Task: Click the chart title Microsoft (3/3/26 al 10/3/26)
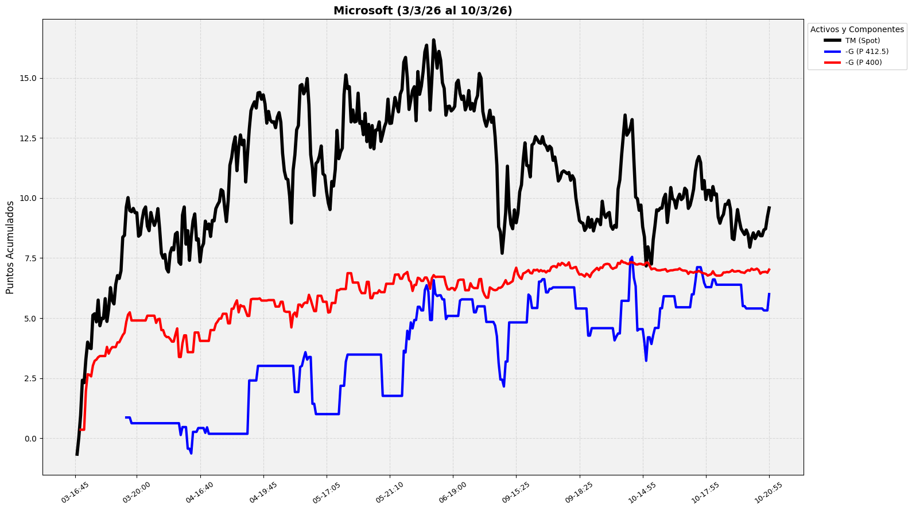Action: click(x=422, y=10)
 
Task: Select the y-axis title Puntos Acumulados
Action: click(x=10, y=247)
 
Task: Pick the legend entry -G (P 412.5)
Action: click(x=867, y=52)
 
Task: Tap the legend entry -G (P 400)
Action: click(x=863, y=63)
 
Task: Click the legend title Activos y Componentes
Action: click(x=856, y=29)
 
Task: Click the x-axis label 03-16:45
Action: click(x=74, y=493)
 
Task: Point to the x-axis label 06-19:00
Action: click(x=452, y=493)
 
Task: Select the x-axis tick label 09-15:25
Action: click(x=515, y=493)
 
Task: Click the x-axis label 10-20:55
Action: click(x=768, y=493)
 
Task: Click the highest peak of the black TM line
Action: click(x=433, y=40)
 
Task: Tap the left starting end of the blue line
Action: click(x=126, y=417)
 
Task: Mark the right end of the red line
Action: click(x=769, y=269)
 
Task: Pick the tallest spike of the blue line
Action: click(x=631, y=257)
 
